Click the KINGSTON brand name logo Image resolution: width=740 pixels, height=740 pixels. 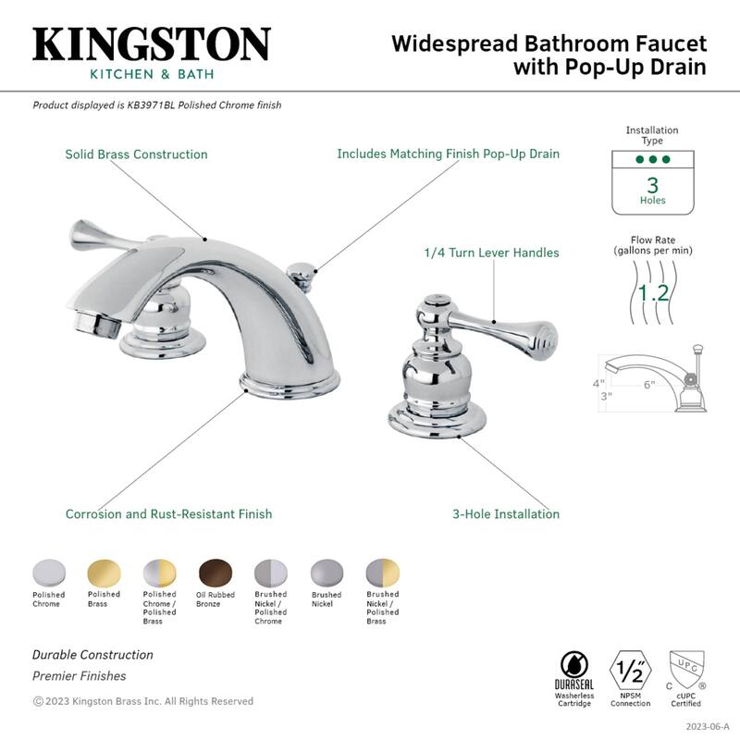point(152,44)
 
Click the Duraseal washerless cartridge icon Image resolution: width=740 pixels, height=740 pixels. point(573,669)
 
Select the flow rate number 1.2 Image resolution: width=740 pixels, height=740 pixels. point(654,293)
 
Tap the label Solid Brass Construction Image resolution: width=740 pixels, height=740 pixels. point(136,154)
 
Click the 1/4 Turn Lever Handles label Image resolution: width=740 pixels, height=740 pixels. point(491,253)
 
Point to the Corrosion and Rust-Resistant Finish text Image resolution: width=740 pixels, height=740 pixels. point(168,514)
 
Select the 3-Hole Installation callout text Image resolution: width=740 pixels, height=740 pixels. point(506,514)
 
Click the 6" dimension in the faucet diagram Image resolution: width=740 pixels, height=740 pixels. point(650,384)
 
